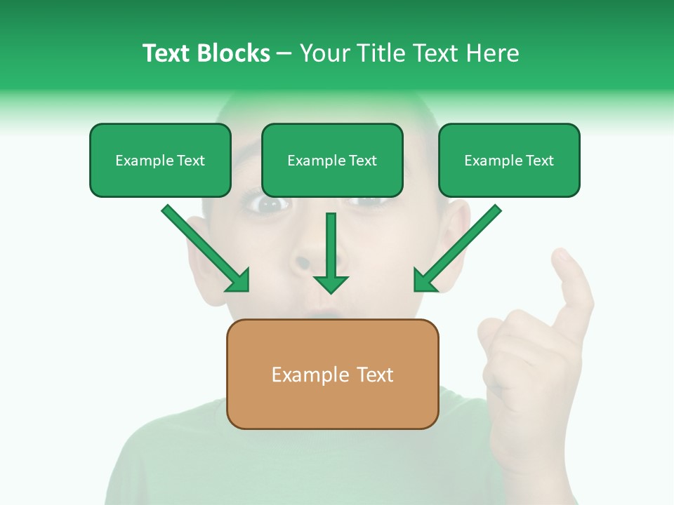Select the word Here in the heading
[x=493, y=53]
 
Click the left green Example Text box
[x=160, y=161]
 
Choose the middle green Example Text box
[x=332, y=161]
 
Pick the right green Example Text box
[x=509, y=161]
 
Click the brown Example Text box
[x=332, y=375]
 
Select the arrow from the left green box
[x=207, y=249]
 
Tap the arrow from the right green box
[x=456, y=249]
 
